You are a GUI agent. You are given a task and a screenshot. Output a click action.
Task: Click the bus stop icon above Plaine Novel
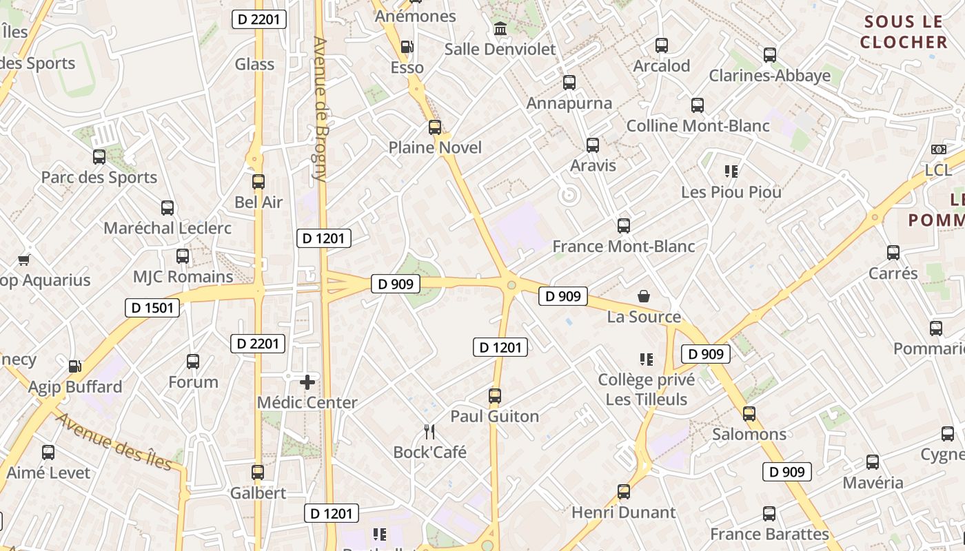[434, 127]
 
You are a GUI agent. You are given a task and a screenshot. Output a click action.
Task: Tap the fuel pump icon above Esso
[407, 47]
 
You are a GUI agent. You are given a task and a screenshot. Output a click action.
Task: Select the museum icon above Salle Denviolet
[500, 29]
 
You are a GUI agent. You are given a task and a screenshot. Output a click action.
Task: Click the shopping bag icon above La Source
[644, 296]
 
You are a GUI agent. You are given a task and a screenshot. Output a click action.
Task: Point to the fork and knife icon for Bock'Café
[429, 432]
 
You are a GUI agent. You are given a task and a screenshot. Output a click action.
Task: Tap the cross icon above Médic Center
[307, 382]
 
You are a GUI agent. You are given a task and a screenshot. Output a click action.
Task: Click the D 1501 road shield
[152, 307]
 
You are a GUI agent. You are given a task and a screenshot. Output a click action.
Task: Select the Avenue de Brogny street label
[319, 109]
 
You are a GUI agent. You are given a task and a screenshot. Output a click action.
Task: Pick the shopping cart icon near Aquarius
[24, 260]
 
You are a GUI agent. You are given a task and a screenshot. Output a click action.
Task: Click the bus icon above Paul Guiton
[494, 396]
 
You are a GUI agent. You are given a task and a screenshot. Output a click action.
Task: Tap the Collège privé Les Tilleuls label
[642, 390]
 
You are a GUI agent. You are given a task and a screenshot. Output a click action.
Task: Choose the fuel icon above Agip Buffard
[74, 366]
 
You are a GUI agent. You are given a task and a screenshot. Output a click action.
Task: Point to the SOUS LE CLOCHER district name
[904, 32]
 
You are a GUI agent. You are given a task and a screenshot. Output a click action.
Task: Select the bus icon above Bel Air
[258, 182]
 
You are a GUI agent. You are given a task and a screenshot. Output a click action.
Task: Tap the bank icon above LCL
[938, 149]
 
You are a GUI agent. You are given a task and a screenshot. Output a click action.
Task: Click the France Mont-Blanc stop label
[623, 247]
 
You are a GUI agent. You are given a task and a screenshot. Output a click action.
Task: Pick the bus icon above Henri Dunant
[623, 492]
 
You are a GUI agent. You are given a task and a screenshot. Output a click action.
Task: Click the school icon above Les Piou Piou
[731, 171]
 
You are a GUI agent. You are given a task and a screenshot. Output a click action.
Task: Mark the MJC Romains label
[183, 277]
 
